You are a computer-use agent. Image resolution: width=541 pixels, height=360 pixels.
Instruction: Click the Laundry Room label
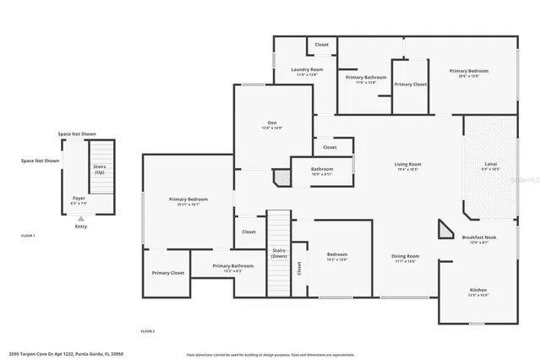(307, 69)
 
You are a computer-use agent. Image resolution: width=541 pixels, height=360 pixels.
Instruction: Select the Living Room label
(407, 164)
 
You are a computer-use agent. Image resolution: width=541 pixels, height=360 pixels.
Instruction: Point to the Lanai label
(490, 164)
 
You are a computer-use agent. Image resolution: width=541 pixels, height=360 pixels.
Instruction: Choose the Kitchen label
(478, 290)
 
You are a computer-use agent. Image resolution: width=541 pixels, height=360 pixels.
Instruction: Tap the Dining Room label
(405, 256)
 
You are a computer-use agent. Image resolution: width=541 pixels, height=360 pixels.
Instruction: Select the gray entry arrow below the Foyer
(80, 217)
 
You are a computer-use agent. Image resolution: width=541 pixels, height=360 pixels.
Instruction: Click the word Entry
(80, 226)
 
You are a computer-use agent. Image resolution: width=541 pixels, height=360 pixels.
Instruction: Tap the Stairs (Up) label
(99, 169)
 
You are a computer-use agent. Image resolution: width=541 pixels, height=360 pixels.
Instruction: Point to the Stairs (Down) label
(278, 253)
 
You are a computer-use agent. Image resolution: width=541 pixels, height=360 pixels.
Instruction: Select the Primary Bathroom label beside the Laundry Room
(366, 78)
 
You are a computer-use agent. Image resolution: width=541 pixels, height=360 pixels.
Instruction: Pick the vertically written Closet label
(298, 268)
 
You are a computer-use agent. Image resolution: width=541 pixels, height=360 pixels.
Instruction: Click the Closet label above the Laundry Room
(322, 45)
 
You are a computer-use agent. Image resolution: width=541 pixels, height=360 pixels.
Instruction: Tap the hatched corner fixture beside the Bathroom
(281, 177)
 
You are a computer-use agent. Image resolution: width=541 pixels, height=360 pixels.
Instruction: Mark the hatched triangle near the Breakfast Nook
(445, 231)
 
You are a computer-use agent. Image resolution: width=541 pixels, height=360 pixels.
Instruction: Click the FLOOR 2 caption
(147, 330)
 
